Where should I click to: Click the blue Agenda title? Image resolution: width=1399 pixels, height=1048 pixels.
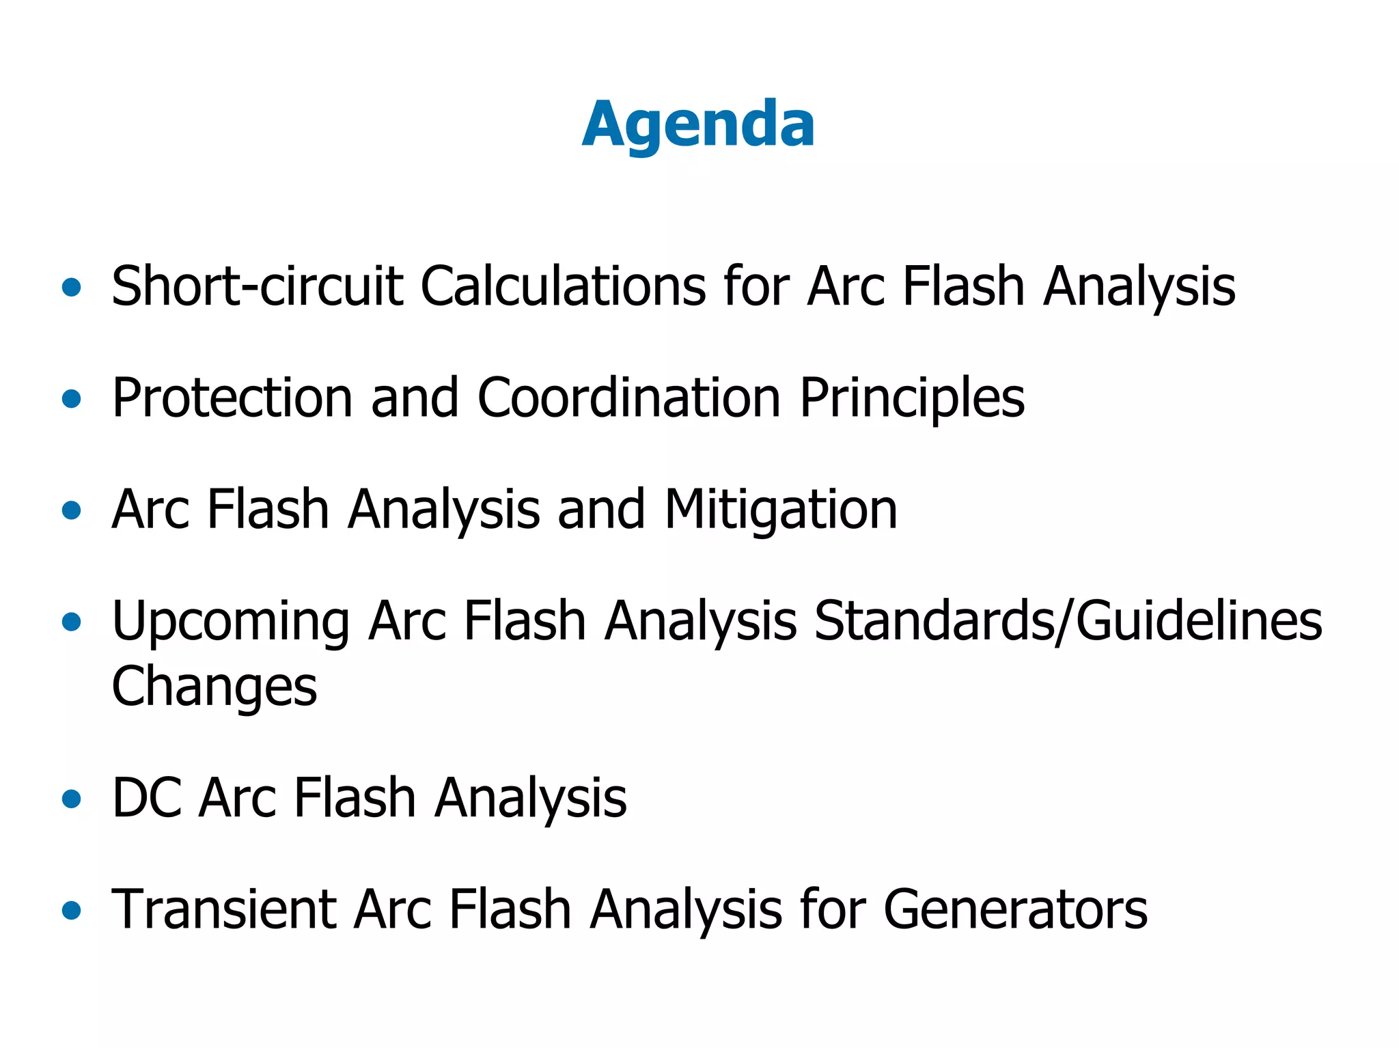(x=698, y=124)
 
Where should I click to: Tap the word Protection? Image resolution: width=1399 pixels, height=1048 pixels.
(x=232, y=398)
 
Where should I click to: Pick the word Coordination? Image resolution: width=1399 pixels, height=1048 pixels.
(x=628, y=398)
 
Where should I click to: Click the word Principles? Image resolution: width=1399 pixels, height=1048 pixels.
(x=912, y=398)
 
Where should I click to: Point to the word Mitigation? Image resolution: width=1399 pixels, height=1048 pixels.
(x=781, y=510)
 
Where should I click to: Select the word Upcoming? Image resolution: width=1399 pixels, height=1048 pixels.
(x=231, y=622)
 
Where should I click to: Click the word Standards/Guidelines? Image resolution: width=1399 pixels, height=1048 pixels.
(x=1068, y=622)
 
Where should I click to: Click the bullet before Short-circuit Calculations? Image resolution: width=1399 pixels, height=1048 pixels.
(x=71, y=288)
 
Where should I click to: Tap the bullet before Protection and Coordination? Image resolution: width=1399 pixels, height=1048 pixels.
(x=71, y=399)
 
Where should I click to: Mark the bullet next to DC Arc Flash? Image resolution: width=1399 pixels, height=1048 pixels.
(x=71, y=799)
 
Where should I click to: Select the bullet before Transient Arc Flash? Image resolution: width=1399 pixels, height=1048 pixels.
(x=71, y=911)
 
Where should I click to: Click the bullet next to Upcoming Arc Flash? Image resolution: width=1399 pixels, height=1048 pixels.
(x=71, y=622)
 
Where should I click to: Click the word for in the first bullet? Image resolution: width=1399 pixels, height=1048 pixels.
(x=756, y=286)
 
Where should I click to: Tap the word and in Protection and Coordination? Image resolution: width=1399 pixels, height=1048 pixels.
(x=415, y=398)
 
